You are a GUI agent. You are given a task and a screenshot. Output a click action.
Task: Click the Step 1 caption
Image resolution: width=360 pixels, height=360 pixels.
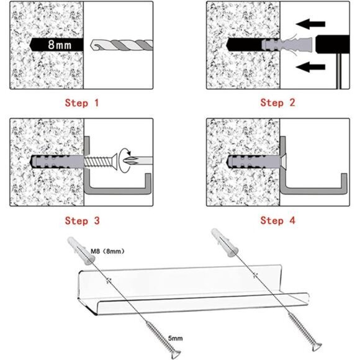tap(81, 103)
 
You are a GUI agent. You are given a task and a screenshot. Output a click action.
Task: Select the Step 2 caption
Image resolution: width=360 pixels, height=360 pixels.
tap(277, 103)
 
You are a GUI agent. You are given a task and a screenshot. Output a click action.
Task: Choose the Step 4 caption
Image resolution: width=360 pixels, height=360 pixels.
tap(277, 220)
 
